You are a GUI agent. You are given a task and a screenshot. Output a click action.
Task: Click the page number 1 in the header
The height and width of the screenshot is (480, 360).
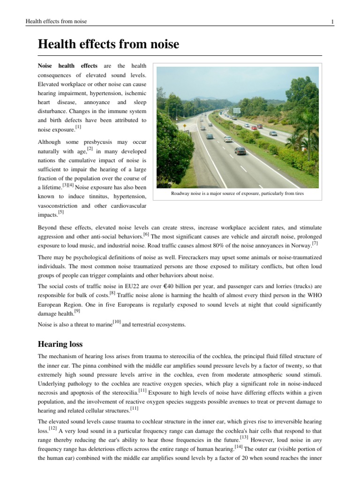tap(332, 22)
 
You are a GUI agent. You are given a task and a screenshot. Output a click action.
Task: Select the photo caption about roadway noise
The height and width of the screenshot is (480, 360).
tap(237, 193)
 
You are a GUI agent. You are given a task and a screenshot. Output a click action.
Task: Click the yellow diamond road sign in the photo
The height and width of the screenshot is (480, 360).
tap(185, 127)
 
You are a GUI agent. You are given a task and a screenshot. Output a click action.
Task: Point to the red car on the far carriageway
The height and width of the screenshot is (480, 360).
tap(254, 127)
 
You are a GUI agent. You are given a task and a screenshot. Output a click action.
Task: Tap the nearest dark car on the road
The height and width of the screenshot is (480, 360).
tap(240, 150)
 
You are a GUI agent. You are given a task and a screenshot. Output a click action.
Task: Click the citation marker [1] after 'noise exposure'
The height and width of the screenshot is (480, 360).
tap(78, 127)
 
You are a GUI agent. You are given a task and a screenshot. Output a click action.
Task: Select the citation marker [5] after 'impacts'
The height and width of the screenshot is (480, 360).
tap(61, 212)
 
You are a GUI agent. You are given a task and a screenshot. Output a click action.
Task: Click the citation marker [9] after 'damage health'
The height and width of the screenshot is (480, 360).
tap(76, 310)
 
